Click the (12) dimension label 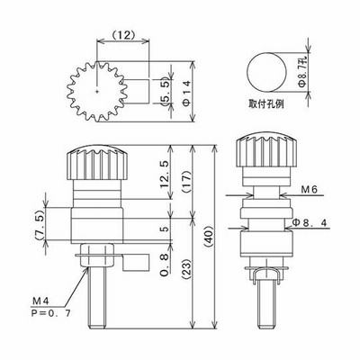point(123,35)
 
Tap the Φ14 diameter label point(186,93)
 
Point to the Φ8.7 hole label point(302,71)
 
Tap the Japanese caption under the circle point(266,103)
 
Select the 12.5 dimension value point(166,175)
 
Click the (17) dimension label point(186,183)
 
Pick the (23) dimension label point(186,269)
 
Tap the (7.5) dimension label point(40,224)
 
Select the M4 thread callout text point(40,301)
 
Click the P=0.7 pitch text point(51,313)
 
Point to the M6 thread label point(309,189)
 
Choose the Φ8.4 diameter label point(310,222)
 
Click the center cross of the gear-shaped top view point(96,92)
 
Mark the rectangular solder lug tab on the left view point(136,262)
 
